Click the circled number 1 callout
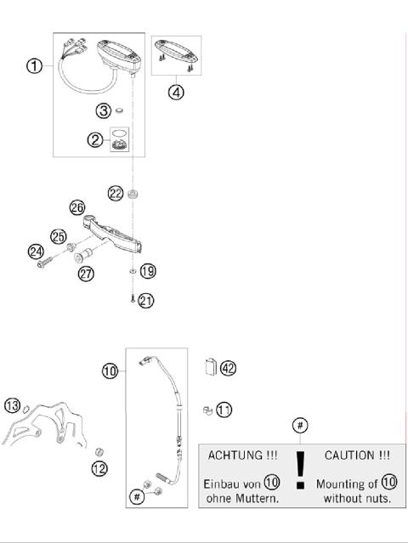[34, 65]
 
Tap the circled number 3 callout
[102, 110]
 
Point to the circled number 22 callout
[116, 193]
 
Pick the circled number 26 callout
[77, 207]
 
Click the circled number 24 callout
[35, 251]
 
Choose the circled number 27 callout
[86, 274]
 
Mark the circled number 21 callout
[148, 300]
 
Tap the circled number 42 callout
[228, 368]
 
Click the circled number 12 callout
[99, 468]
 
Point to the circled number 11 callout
[224, 410]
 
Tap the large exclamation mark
[299, 472]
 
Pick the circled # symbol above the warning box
[299, 424]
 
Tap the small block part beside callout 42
[209, 367]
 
